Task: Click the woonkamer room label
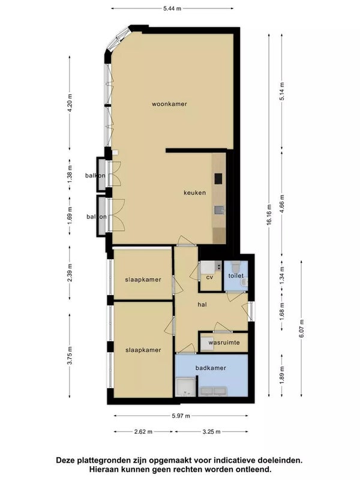point(169,104)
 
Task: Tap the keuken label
point(194,193)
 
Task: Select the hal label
point(202,305)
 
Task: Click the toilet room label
point(236,275)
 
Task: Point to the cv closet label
point(209,277)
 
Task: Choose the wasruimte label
point(224,343)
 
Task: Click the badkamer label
point(211,368)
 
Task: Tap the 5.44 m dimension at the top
point(172,8)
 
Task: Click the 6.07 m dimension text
point(302,328)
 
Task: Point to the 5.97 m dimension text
point(181,416)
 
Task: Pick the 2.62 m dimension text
point(143,431)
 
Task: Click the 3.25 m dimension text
point(212,431)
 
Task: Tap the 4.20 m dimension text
point(70,103)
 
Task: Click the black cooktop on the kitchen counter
point(218,179)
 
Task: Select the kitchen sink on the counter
point(219,209)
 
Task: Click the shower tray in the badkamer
point(185,386)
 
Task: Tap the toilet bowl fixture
point(236,266)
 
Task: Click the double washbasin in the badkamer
point(213,391)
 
